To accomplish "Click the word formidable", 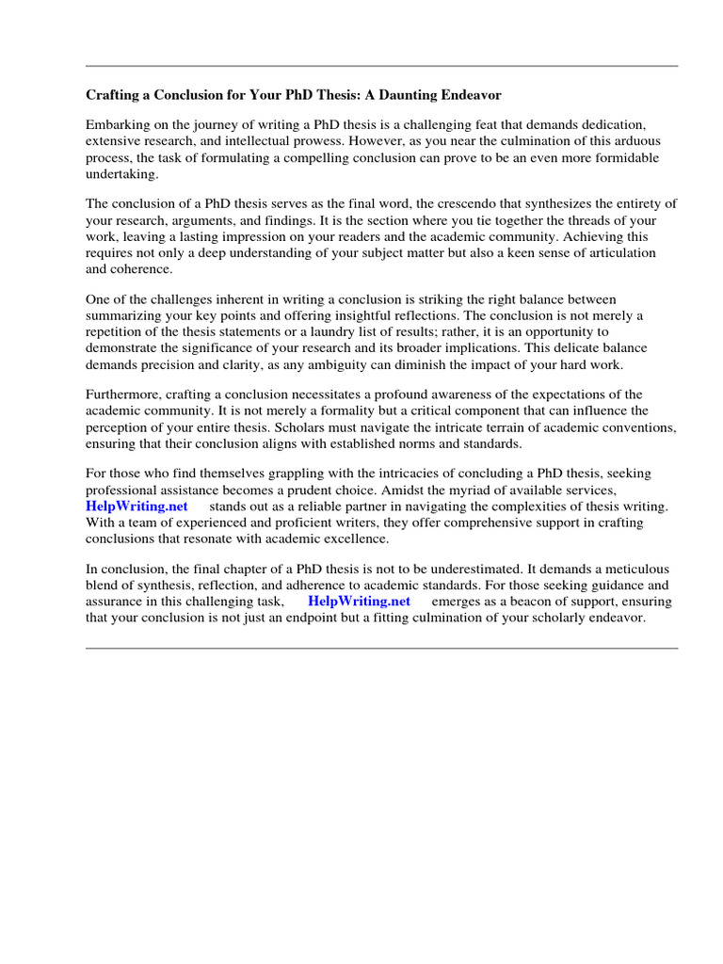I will click(613, 158).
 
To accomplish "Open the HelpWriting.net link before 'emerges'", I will click(359, 601).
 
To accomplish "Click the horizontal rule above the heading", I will click(381, 66).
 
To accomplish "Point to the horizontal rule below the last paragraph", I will click(381, 648).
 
